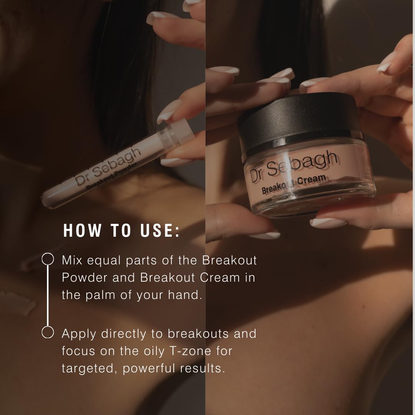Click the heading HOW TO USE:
point(121,230)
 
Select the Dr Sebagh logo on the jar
point(294,166)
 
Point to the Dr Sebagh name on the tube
point(108,166)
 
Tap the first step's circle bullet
point(48,259)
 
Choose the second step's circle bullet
point(48,332)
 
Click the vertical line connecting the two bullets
point(48,295)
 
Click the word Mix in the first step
point(72,261)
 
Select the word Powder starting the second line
point(85,278)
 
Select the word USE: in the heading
point(160,230)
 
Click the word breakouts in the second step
point(198,334)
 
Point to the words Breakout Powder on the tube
point(111,176)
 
